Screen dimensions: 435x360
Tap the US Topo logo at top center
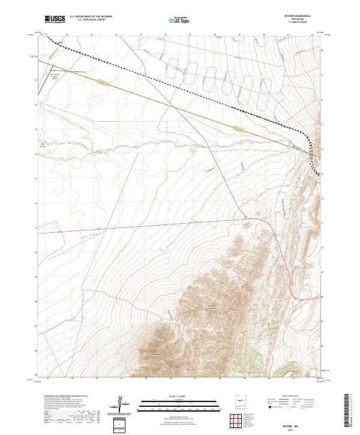point(179,19)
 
